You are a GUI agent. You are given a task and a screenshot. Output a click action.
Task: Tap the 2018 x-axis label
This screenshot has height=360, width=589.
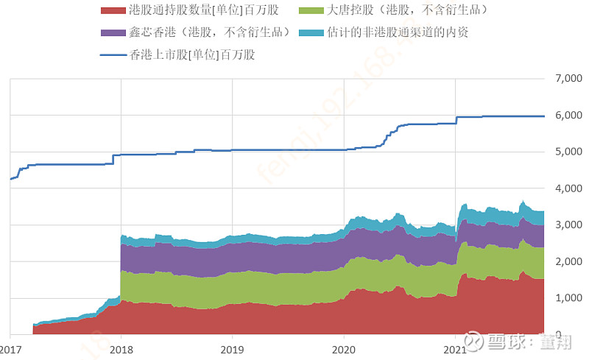121,349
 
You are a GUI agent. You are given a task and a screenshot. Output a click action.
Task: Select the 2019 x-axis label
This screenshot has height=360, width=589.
233,349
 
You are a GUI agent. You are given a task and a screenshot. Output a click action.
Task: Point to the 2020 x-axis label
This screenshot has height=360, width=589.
345,349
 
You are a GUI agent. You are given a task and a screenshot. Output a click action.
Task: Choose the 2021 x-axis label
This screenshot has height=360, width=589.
456,349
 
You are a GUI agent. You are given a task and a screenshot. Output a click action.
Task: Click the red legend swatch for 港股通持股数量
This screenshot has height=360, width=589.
111,11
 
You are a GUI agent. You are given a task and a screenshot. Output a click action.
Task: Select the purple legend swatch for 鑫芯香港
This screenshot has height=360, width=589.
111,32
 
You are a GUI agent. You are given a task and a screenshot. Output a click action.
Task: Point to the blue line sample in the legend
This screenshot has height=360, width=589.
111,54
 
